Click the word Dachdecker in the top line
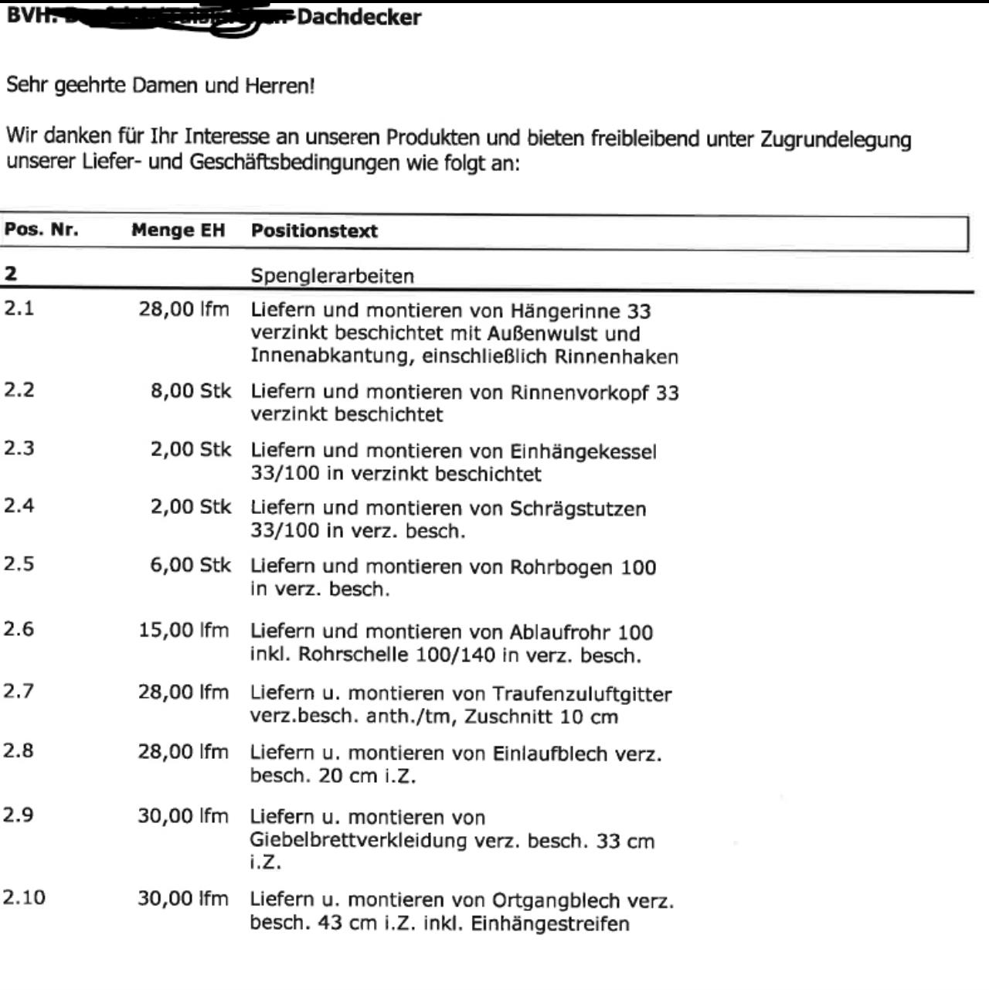pos(359,17)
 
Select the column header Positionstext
pos(314,231)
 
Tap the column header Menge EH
pos(178,230)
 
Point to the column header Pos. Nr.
pos(41,230)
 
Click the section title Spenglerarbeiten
pos(332,276)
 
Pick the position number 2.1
pos(19,308)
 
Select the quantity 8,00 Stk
pos(190,391)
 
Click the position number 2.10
pos(24,897)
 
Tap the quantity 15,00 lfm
pos(184,631)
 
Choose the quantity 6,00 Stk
pos(190,565)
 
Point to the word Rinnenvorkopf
pos(579,393)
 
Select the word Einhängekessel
pos(583,451)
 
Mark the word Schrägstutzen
pos(577,509)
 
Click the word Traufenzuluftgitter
pos(582,694)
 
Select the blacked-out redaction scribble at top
pos(178,19)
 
